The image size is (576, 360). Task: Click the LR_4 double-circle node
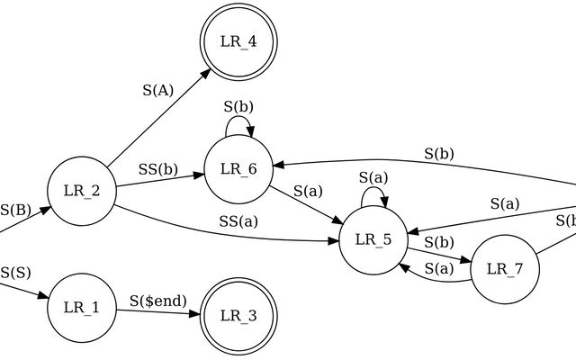238,42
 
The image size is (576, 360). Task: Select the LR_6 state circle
238,168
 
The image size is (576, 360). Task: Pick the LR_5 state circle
373,239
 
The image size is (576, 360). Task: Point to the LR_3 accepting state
238,315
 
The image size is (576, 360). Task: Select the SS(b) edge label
158,169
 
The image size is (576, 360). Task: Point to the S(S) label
15,271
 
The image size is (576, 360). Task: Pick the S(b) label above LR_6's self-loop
238,106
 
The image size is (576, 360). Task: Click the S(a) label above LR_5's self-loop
373,177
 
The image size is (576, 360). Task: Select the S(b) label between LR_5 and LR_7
438,242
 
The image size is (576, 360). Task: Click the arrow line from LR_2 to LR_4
153,121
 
